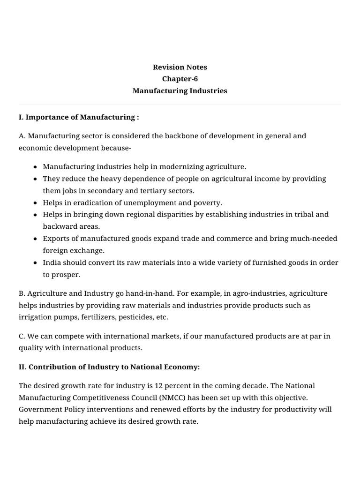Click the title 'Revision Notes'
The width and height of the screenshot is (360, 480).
[180, 67]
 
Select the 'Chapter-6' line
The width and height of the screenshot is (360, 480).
[180, 79]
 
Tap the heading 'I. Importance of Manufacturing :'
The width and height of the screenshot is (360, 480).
[79, 117]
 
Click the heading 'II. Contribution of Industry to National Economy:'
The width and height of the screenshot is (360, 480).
[109, 367]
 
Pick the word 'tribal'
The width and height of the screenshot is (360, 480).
[305, 214]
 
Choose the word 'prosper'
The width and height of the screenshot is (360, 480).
[66, 275]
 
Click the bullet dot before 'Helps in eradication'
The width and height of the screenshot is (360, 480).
[36, 203]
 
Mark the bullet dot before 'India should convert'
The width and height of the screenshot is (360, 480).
[36, 263]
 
